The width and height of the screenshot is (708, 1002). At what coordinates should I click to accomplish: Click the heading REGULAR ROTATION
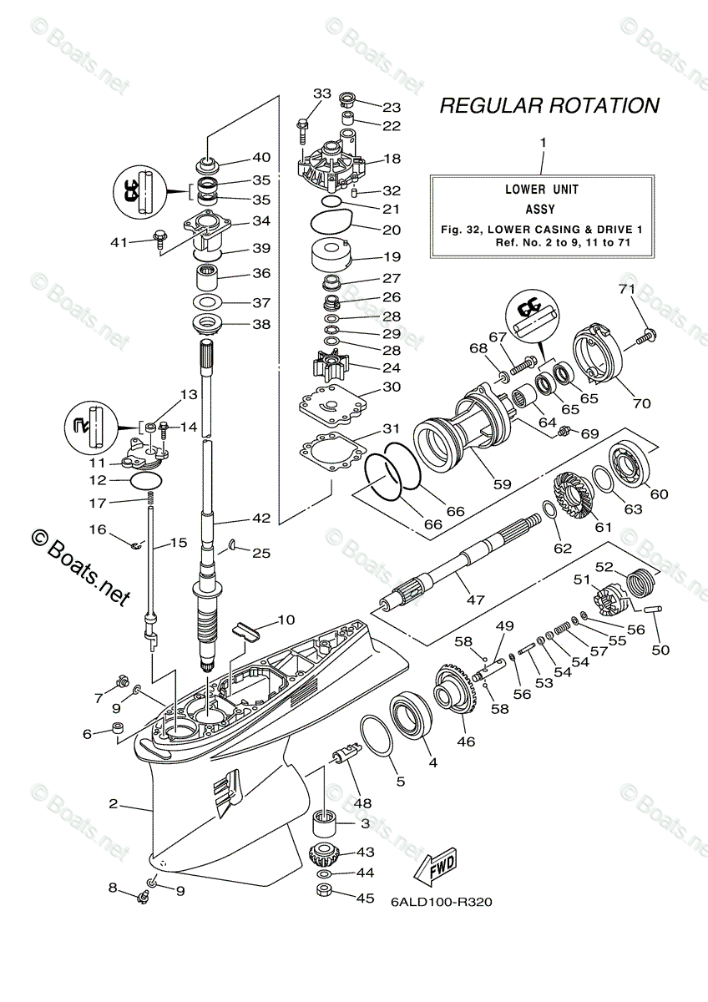[x=549, y=106]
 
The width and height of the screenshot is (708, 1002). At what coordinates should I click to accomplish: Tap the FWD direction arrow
[x=437, y=868]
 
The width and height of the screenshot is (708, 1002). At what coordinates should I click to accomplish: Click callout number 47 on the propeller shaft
[x=475, y=600]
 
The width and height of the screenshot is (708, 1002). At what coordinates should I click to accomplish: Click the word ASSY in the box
[x=541, y=210]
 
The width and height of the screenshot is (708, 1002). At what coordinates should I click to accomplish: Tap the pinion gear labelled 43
[x=321, y=854]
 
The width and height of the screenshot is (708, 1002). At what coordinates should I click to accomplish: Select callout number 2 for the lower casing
[x=113, y=804]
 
